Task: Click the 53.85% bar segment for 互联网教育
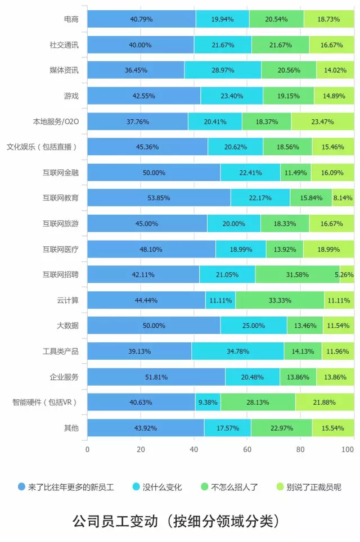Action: pos(159,197)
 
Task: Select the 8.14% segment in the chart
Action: pos(343,197)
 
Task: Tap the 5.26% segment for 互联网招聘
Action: pos(346,274)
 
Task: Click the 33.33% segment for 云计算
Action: pos(280,300)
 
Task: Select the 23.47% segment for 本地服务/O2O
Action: pos(322,121)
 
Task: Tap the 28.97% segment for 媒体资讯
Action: pos(223,70)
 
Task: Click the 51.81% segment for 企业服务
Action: pos(156,377)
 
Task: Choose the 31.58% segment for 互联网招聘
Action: pos(297,274)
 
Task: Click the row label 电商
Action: pos(71,19)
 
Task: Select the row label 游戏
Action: pos(71,96)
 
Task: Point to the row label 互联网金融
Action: pos(60,172)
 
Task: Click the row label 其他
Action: pos(71,428)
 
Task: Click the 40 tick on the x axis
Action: pos(194,450)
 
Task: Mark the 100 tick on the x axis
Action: pos(348,450)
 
